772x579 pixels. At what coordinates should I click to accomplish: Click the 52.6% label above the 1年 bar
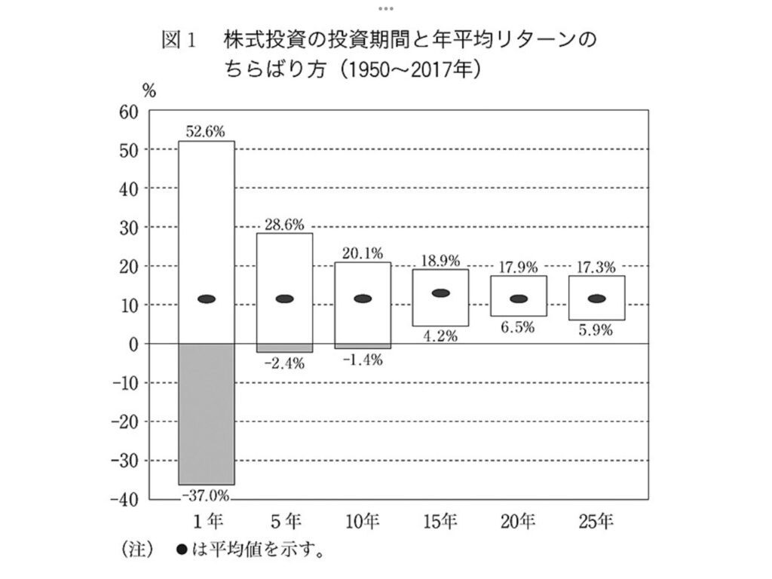(x=206, y=131)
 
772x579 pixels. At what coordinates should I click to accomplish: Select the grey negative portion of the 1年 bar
(x=206, y=413)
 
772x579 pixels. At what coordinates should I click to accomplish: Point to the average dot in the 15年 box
(x=440, y=293)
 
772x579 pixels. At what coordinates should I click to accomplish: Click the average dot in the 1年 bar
(x=206, y=299)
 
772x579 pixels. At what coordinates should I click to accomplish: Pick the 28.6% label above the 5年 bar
(x=284, y=224)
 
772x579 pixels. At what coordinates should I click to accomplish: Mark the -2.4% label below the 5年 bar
(x=284, y=363)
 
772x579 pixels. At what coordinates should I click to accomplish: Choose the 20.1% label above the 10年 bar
(x=362, y=253)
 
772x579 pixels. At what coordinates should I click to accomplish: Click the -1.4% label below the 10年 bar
(x=362, y=360)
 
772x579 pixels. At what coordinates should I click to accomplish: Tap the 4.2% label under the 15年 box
(x=440, y=336)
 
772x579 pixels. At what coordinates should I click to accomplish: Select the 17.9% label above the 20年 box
(x=518, y=266)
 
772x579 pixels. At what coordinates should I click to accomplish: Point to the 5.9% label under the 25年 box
(x=596, y=330)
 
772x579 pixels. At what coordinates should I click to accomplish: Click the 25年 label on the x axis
(x=596, y=519)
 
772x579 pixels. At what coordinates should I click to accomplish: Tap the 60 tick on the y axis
(x=130, y=111)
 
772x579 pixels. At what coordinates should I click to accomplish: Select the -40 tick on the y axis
(x=126, y=499)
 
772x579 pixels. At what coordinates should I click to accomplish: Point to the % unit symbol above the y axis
(x=149, y=90)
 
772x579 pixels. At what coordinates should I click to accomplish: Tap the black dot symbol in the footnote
(x=181, y=549)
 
